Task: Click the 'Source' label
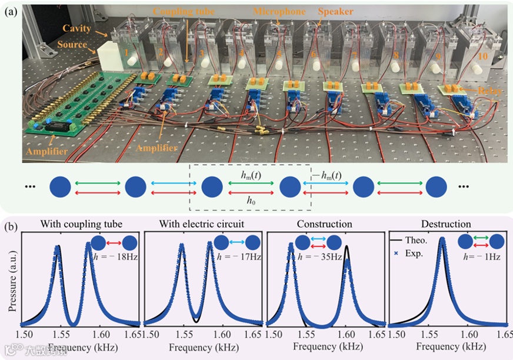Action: coord(72,45)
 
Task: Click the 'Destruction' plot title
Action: coord(446,224)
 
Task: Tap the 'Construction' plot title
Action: coord(325,224)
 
